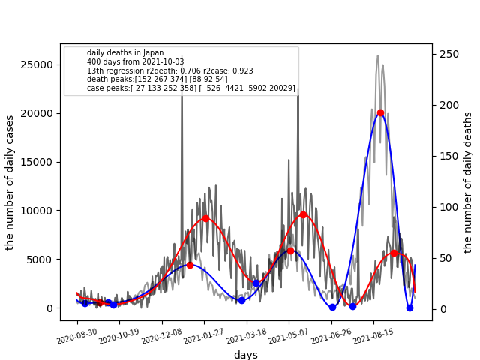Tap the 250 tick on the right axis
click(450, 54)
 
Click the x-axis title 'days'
click(245, 355)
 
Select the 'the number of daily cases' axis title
click(10, 182)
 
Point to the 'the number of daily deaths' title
click(468, 182)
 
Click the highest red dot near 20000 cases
click(380, 112)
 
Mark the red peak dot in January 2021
click(205, 218)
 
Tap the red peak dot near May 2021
click(303, 214)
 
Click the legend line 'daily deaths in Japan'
click(125, 53)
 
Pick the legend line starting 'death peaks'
click(157, 79)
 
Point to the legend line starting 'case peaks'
click(190, 88)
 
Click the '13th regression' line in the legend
click(169, 71)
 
